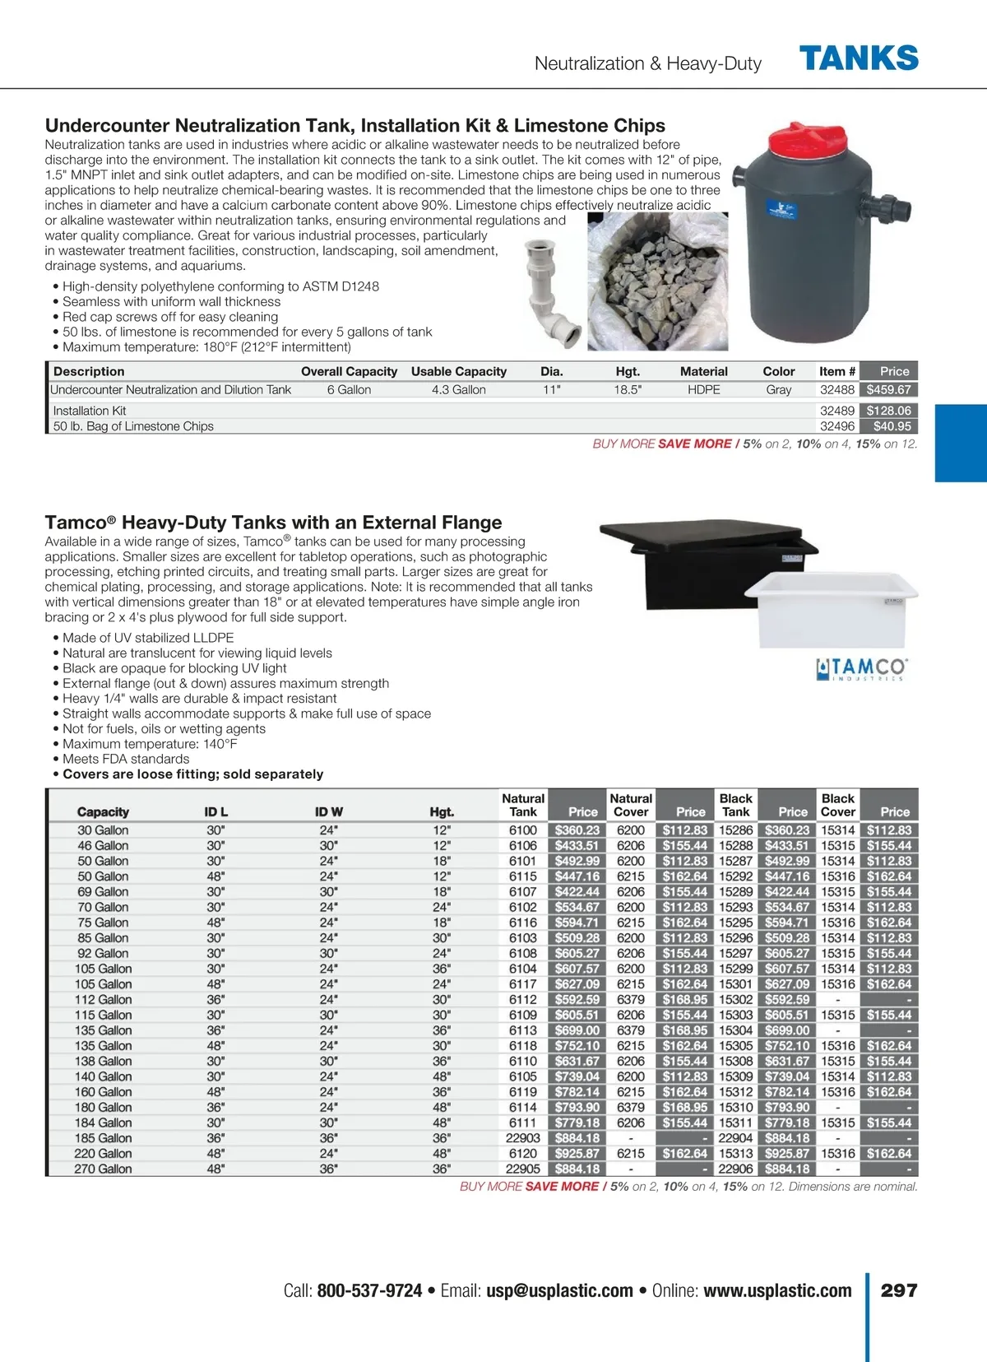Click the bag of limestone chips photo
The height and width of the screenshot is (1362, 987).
(x=657, y=281)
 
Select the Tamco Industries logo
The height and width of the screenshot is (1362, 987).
(x=860, y=668)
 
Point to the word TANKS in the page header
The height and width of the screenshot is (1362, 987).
(x=859, y=59)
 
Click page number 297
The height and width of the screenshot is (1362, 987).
(x=898, y=1290)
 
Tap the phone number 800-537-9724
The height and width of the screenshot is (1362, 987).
(x=369, y=1290)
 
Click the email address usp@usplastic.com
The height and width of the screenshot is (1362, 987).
(x=559, y=1290)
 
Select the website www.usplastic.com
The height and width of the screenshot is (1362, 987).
(x=777, y=1290)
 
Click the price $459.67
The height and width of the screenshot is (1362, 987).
(x=888, y=390)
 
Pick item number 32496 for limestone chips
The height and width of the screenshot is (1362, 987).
(x=836, y=426)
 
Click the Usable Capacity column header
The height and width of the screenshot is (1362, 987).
(x=459, y=372)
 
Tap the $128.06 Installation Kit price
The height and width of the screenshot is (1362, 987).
(x=888, y=411)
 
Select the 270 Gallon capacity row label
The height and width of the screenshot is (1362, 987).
(x=103, y=1169)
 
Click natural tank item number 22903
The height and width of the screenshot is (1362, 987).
(x=522, y=1138)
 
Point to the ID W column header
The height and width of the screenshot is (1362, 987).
(x=328, y=812)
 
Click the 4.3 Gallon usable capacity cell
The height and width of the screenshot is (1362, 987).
(x=459, y=390)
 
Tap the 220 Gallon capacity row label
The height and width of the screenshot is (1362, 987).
(x=103, y=1154)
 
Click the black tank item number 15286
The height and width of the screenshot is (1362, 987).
(x=735, y=830)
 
